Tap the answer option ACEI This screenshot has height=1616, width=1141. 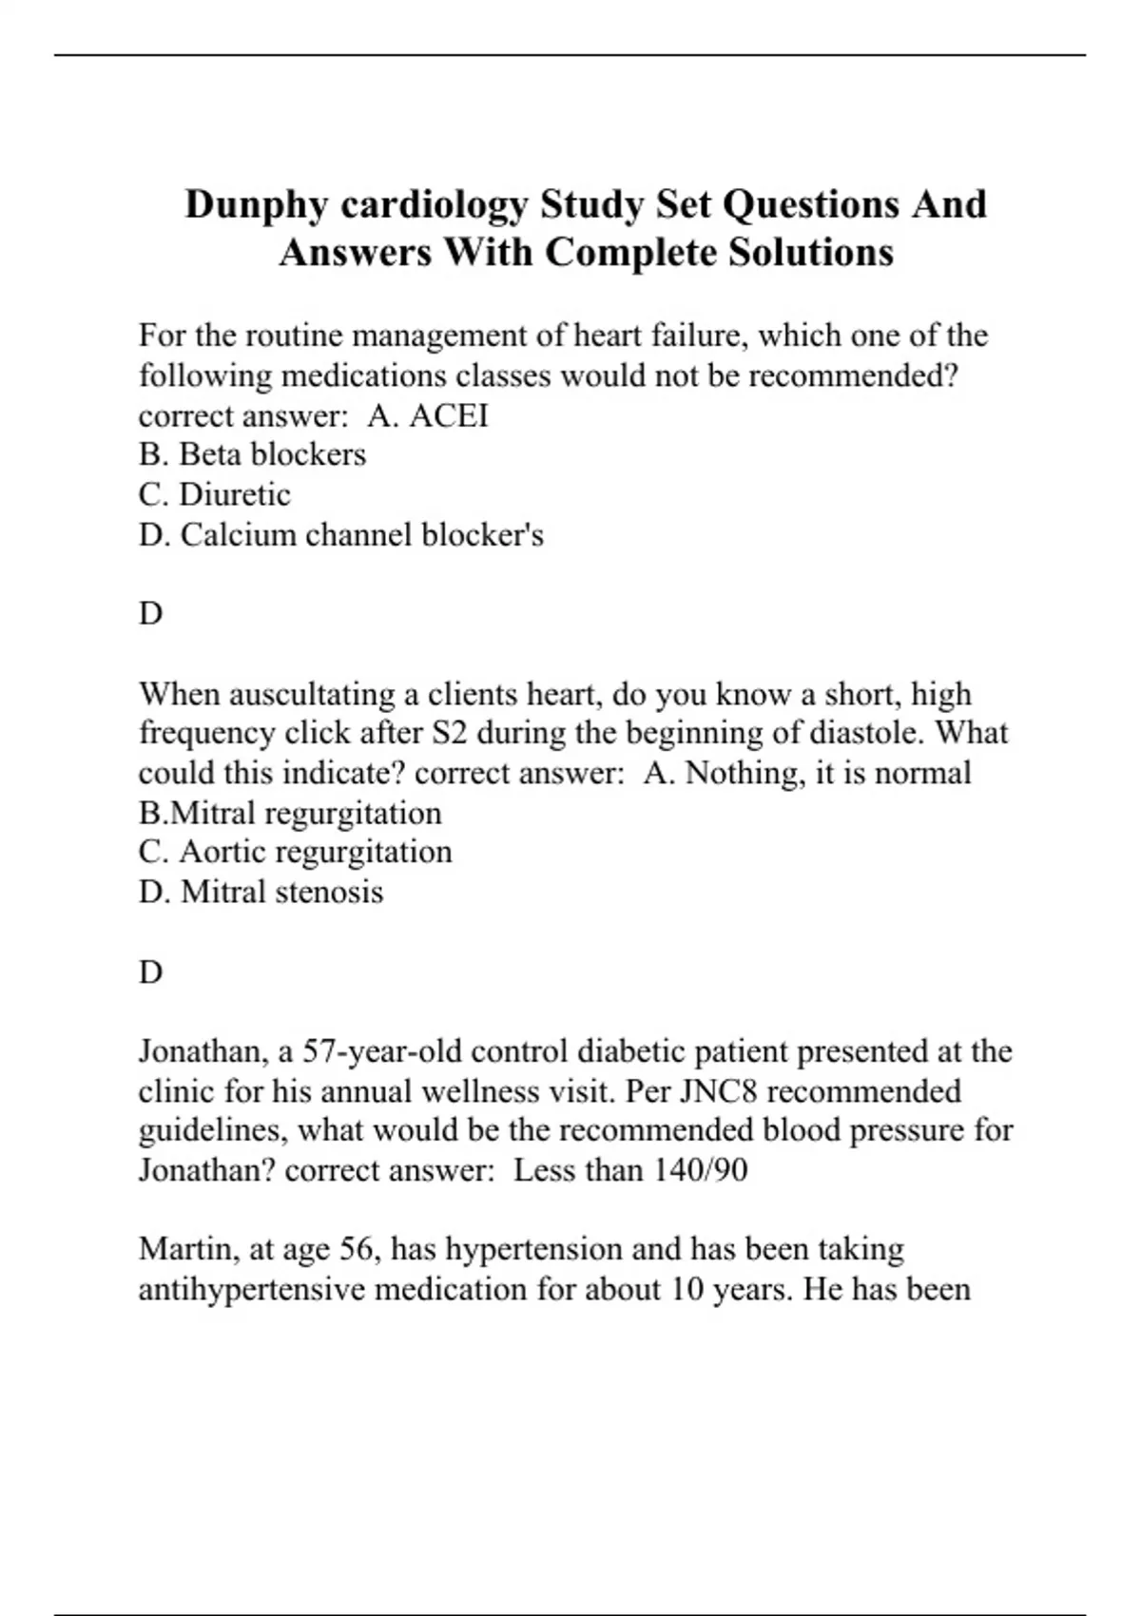[448, 415]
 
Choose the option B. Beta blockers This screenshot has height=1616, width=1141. [252, 454]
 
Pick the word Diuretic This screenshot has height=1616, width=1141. [235, 494]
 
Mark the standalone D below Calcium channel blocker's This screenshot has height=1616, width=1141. [150, 614]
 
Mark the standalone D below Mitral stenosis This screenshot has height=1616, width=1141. [150, 972]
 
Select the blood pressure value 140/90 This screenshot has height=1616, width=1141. [700, 1170]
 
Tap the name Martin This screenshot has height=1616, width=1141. [189, 1249]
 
